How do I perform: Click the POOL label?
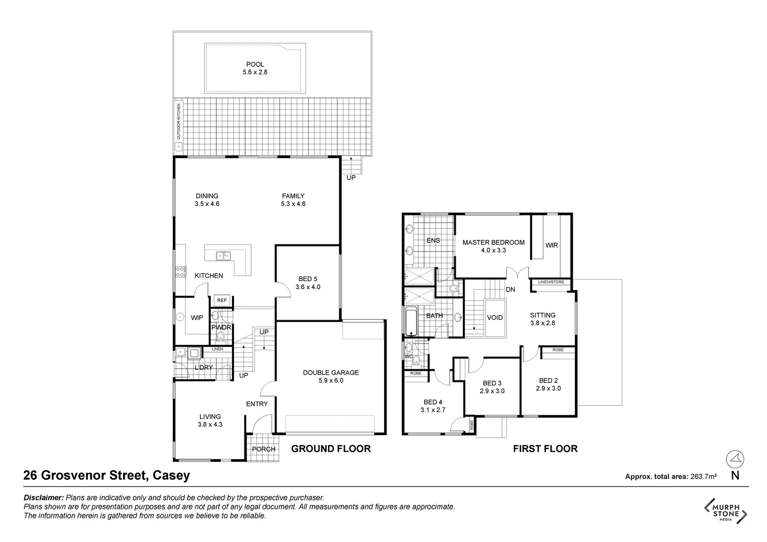[x=255, y=64]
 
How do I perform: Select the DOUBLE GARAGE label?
[x=331, y=372]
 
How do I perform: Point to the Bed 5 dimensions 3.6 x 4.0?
[x=308, y=287]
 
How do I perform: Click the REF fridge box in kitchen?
[x=222, y=300]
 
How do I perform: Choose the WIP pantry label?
[x=197, y=318]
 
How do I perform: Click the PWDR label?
[x=221, y=327]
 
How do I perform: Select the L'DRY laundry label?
[x=203, y=368]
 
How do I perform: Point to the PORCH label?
[x=264, y=449]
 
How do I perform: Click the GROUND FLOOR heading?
[x=331, y=449]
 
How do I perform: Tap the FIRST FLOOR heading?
[x=545, y=449]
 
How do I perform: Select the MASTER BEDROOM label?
[x=493, y=242]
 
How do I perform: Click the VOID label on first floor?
[x=495, y=318]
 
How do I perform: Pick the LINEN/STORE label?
[x=551, y=282]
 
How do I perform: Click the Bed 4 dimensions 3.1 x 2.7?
[x=433, y=410]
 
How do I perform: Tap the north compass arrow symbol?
[x=735, y=459]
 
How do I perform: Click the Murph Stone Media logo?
[x=726, y=511]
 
